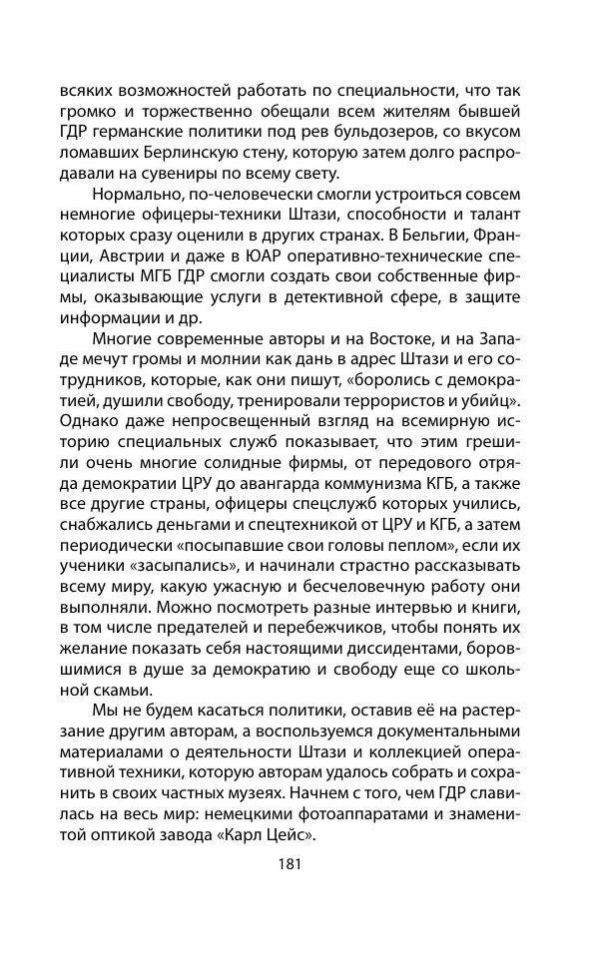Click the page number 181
(x=299, y=865)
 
